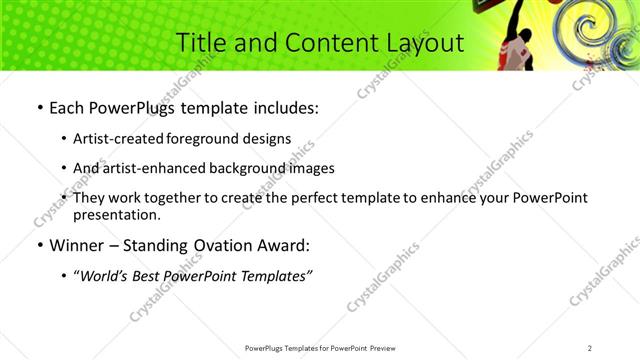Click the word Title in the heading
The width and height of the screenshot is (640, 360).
198,43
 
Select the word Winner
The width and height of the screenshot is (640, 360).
80,245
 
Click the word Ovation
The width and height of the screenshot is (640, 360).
227,245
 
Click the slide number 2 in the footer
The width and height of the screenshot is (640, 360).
590,348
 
